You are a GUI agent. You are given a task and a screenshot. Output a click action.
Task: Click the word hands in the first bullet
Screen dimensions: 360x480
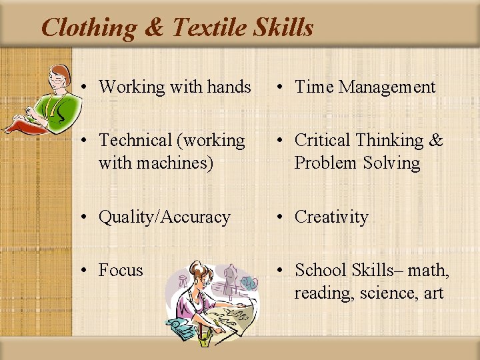227,87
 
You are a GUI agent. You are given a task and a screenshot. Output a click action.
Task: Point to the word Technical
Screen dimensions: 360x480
135,140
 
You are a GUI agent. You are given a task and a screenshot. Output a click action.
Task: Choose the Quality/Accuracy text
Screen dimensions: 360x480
164,217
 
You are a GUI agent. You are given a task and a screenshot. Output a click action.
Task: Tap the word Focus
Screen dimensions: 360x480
121,271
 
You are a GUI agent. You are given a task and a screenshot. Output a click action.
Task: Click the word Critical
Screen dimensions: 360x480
323,140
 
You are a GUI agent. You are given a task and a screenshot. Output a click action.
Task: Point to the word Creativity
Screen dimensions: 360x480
331,217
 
